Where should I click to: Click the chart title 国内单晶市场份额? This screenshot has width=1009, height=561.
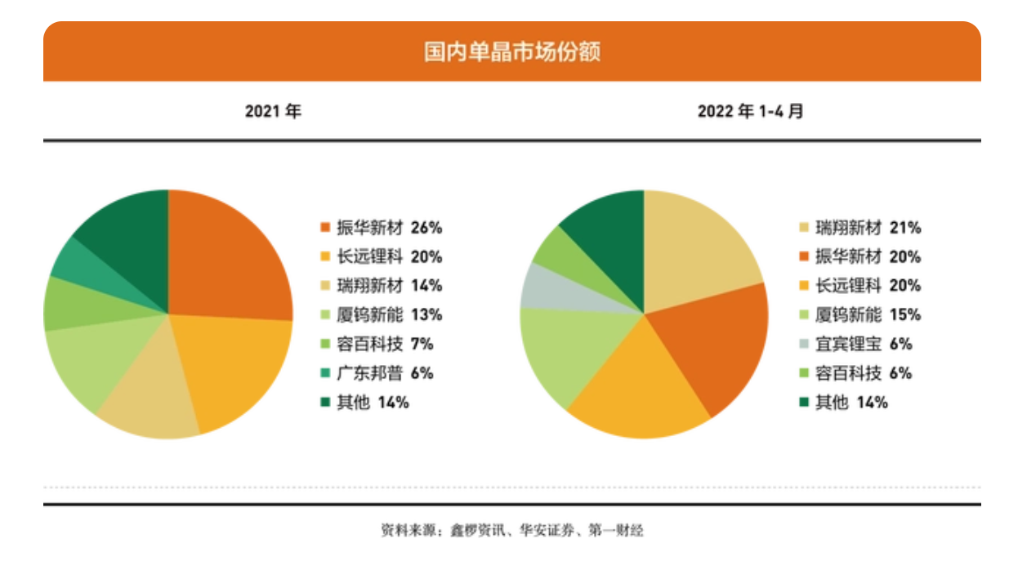tap(511, 52)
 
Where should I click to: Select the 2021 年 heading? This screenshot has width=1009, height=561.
tap(273, 111)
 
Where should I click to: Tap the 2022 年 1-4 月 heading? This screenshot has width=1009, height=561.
tap(749, 111)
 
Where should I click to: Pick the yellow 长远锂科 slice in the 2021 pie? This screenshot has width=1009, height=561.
tap(237, 367)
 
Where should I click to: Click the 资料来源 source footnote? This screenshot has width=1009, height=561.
tap(511, 531)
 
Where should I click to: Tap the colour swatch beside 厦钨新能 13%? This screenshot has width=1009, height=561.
tap(325, 315)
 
